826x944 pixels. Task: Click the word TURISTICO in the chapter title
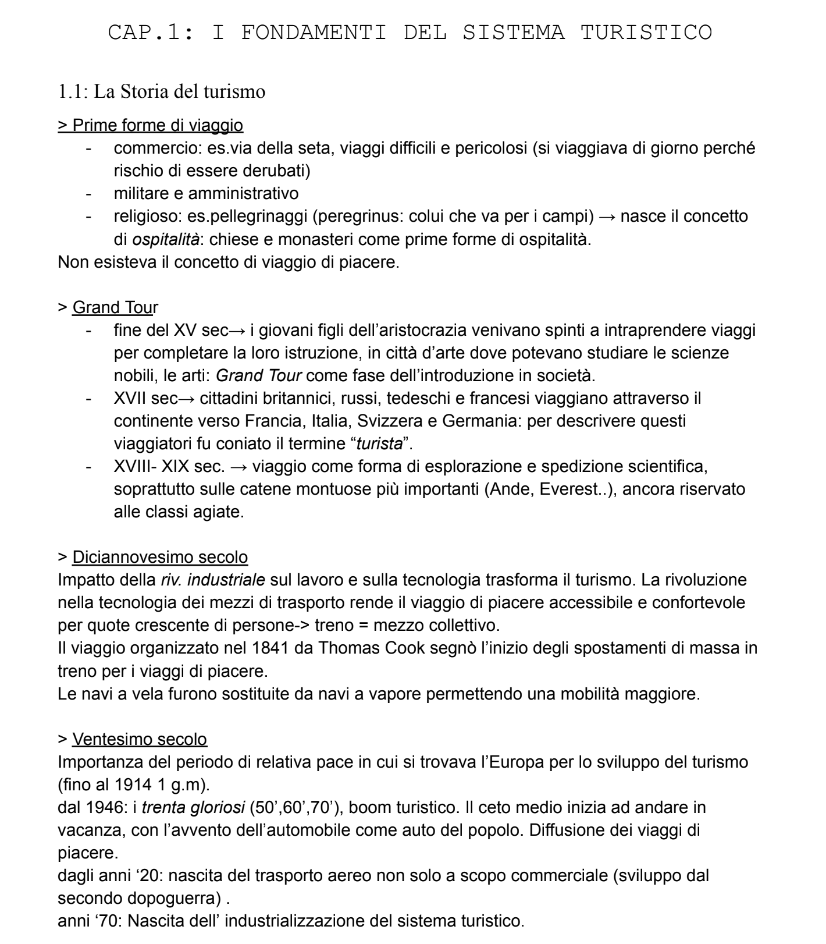(646, 32)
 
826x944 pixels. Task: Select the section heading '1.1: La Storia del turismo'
(162, 91)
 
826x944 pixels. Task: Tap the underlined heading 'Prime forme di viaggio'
(158, 125)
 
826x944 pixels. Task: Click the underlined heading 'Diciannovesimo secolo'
(160, 557)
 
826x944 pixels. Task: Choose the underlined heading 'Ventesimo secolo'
(140, 739)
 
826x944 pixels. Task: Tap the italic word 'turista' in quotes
(379, 443)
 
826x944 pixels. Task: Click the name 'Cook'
(403, 648)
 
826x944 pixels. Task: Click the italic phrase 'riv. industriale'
(213, 580)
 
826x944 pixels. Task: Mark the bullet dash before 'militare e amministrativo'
(88, 194)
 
